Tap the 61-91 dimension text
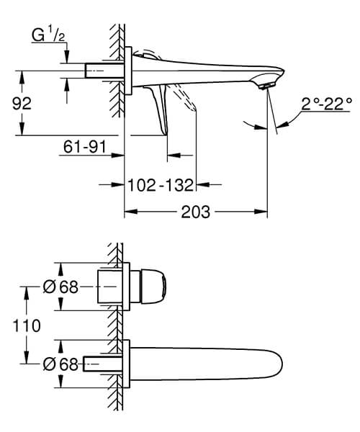(x=84, y=148)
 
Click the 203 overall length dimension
(x=196, y=212)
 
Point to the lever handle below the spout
(x=160, y=108)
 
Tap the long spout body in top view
(x=202, y=364)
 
